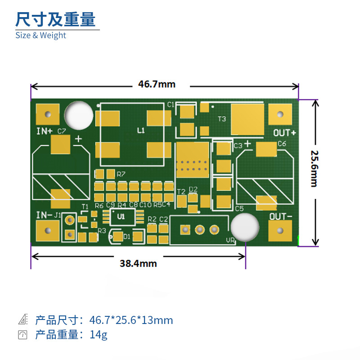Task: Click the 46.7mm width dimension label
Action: (157, 84)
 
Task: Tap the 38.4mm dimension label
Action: (138, 263)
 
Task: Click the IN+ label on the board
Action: (45, 131)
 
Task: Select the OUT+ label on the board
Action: (284, 133)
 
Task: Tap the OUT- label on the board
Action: (281, 216)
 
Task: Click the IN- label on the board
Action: (44, 215)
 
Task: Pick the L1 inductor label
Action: (141, 130)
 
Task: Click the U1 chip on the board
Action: (121, 216)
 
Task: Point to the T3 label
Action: (222, 119)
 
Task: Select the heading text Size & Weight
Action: (40, 35)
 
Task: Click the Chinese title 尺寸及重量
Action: (56, 19)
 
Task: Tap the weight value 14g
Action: (98, 334)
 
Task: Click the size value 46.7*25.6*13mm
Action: (131, 320)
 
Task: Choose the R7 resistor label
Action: (121, 174)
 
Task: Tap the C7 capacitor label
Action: (62, 131)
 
